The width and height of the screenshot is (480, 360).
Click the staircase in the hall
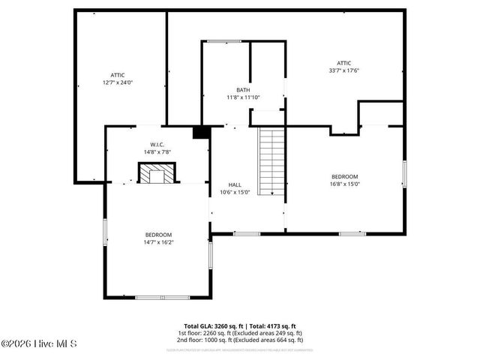click(x=271, y=161)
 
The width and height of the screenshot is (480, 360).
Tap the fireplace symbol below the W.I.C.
click(x=157, y=174)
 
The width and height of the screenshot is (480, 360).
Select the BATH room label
click(x=243, y=90)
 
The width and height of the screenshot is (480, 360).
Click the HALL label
click(x=235, y=184)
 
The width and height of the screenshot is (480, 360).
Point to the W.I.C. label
click(x=157, y=144)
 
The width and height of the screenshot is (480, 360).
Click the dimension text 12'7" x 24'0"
click(x=118, y=82)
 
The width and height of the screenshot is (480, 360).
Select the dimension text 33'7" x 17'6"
click(x=343, y=70)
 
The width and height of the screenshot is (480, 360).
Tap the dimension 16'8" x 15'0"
click(x=345, y=184)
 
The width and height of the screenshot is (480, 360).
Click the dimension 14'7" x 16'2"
click(x=158, y=241)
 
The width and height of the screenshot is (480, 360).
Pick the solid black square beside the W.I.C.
click(x=199, y=133)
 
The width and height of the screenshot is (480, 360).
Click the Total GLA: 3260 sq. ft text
click(x=213, y=326)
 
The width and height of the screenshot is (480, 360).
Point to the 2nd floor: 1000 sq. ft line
click(x=240, y=339)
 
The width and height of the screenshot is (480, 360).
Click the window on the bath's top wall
click(x=225, y=41)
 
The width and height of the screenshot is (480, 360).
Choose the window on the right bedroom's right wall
click(x=403, y=173)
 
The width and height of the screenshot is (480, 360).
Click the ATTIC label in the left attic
click(x=118, y=75)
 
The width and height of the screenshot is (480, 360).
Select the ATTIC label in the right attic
click(x=343, y=63)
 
